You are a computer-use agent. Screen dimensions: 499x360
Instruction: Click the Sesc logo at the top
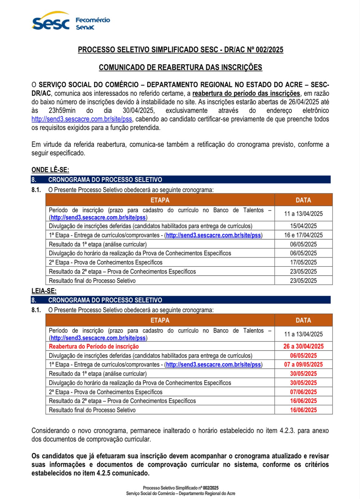point(50,22)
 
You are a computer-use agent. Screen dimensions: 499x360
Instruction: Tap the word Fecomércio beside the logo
point(93,20)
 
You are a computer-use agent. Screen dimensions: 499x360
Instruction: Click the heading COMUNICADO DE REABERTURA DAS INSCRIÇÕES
point(180,67)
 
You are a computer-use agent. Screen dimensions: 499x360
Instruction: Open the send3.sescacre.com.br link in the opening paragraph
point(82,119)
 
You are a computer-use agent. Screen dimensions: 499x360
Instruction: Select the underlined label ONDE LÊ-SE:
point(50,170)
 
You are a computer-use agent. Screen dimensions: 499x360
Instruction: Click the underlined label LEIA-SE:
point(44,291)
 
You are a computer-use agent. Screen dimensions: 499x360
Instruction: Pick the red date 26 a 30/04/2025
point(303,346)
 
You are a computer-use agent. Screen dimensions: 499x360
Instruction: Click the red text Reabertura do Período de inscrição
point(94,346)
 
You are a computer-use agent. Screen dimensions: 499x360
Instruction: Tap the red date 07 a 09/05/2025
point(303,364)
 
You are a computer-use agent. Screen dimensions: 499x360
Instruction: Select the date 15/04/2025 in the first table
point(303,226)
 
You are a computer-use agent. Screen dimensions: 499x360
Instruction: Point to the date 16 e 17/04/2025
point(303,235)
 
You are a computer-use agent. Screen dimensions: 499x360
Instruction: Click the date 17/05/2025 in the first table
point(303,262)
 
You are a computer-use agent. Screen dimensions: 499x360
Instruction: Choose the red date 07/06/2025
point(303,392)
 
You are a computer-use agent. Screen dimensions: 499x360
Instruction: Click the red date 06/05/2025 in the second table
point(303,356)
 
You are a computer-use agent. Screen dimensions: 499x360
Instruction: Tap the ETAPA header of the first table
point(160,200)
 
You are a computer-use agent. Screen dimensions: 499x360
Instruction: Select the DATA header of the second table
point(303,320)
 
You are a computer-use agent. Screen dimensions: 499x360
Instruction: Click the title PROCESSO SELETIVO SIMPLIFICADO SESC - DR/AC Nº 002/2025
point(180,50)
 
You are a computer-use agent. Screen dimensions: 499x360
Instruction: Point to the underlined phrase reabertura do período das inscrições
point(246,93)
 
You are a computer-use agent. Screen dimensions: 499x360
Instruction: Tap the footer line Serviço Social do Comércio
point(180,493)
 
